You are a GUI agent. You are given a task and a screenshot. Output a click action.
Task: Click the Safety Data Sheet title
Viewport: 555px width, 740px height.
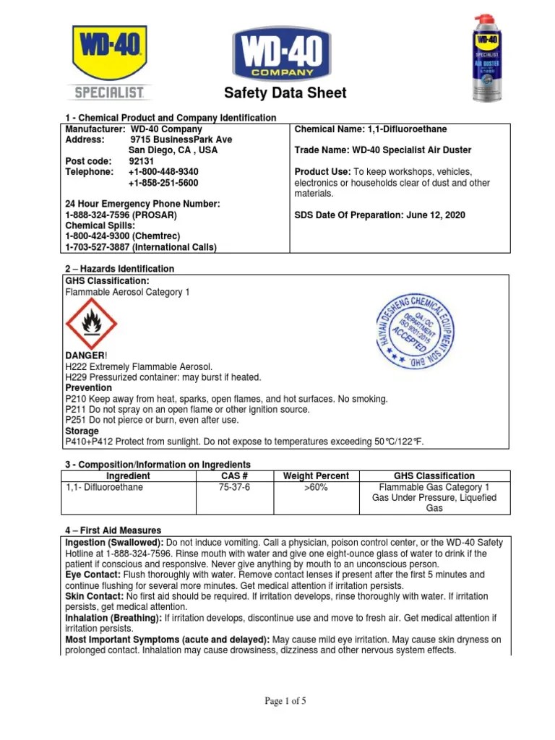pos(285,93)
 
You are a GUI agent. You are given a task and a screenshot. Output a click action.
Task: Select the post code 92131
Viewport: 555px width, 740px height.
pos(142,161)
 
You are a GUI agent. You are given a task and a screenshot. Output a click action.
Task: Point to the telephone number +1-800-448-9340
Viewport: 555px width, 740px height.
pos(163,172)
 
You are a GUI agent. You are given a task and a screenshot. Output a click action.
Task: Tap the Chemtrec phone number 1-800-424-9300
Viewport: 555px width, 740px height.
pos(96,236)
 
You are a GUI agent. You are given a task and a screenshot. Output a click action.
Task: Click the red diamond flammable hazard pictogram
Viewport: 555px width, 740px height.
pos(91,323)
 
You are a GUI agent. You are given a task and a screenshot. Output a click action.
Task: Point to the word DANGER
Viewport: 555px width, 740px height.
pos(86,356)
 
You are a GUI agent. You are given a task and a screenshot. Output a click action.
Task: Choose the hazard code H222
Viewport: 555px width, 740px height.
pos(76,367)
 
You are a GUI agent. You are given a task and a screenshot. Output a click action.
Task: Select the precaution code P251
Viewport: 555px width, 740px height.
pos(75,420)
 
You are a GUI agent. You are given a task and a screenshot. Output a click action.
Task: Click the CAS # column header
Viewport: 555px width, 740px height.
pos(235,476)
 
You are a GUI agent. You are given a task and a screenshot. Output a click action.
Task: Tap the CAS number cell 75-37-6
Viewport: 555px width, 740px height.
pos(235,488)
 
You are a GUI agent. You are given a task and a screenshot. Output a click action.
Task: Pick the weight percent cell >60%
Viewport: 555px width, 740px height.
pos(316,488)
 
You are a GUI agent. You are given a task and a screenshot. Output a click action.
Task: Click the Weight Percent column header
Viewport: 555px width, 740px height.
pos(316,476)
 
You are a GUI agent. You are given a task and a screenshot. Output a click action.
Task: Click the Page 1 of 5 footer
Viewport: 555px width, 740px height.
pos(285,700)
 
